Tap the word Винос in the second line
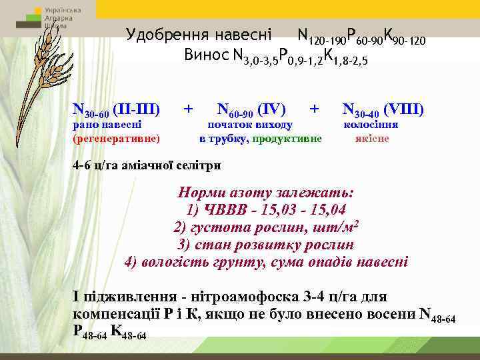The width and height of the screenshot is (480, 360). click(x=207, y=55)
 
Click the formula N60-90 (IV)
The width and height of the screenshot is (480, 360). click(x=251, y=109)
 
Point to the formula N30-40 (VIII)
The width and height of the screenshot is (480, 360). click(x=383, y=109)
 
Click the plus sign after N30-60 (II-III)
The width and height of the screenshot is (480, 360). click(x=189, y=108)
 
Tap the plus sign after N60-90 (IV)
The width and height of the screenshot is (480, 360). click(x=315, y=108)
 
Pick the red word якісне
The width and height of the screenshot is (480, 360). click(x=373, y=139)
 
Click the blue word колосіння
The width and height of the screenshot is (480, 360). click(x=371, y=125)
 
